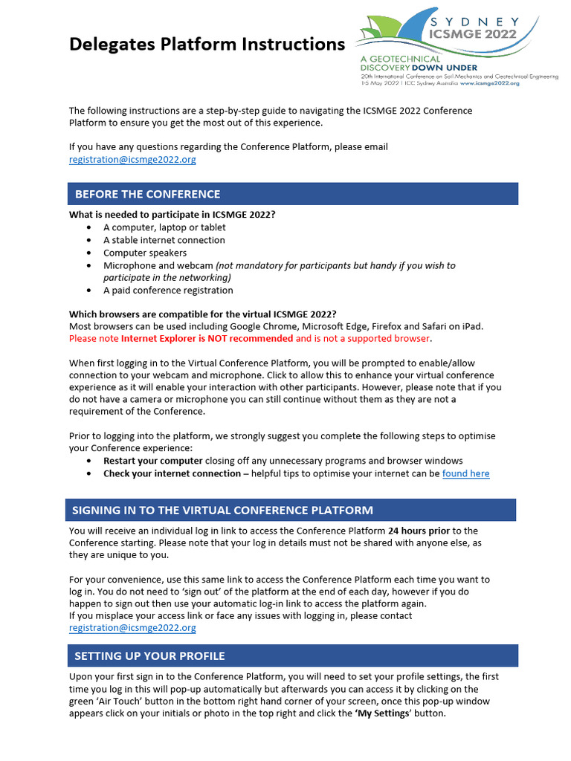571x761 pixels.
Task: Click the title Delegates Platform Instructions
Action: click(207, 45)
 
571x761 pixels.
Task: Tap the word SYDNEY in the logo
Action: click(475, 22)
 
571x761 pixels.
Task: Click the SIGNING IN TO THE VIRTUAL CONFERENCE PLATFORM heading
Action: click(222, 510)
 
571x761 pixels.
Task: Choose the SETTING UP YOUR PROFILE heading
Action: click(149, 655)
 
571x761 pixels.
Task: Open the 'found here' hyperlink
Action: click(465, 473)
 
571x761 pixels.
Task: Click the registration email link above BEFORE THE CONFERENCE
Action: click(132, 160)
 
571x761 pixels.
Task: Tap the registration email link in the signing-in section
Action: click(132, 628)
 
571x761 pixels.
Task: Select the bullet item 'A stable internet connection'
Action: click(164, 240)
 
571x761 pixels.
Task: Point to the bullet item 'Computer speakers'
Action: click(145, 253)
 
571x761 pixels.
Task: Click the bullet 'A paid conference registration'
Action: click(168, 291)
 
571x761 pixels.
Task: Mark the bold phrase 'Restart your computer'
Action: click(152, 461)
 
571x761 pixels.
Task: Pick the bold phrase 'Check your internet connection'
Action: click(172, 473)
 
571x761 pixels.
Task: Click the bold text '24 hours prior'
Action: click(419, 531)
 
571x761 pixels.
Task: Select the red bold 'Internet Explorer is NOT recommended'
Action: click(207, 338)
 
